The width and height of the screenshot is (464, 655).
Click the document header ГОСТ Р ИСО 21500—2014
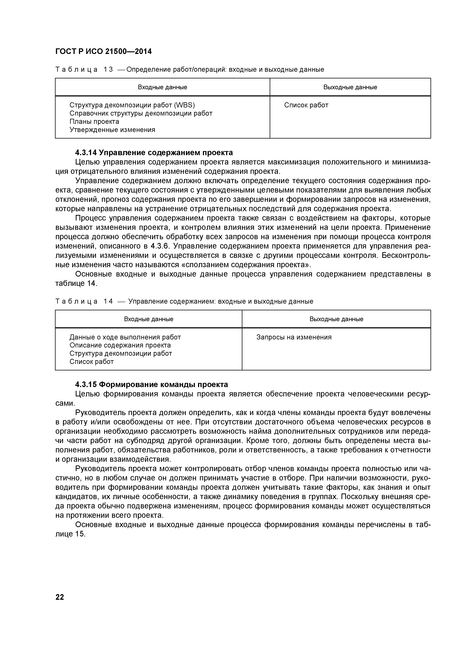103,51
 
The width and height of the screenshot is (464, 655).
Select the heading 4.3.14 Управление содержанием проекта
154,152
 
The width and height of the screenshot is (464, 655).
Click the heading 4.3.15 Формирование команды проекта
151,385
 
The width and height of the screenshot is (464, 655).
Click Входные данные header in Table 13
162,87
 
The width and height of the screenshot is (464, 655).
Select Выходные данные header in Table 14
336,319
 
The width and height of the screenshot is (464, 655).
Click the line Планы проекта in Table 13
94,122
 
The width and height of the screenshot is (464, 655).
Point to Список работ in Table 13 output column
306,105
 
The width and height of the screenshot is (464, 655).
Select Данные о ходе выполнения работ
125,337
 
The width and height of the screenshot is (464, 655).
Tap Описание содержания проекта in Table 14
120,345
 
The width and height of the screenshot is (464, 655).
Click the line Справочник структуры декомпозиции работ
141,113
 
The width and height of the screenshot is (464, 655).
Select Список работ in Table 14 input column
91,362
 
